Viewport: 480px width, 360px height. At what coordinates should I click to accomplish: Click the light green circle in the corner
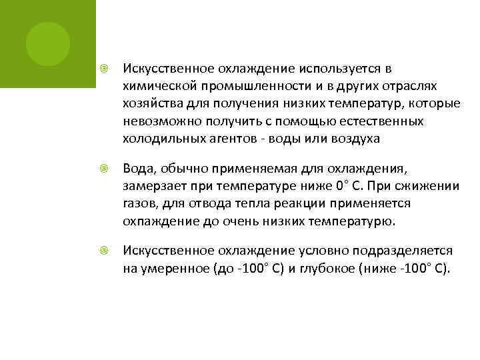click(48, 44)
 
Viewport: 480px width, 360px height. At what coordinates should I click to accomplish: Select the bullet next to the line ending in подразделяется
click(104, 251)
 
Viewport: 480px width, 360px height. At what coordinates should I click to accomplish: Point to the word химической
click(157, 86)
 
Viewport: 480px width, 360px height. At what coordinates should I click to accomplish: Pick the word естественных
click(381, 121)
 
